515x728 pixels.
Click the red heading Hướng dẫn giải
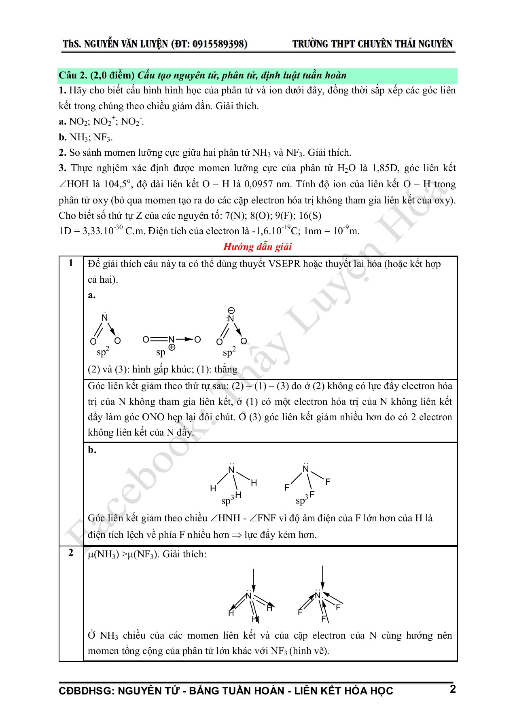pos(257,247)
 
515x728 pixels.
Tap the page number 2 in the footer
pos(453,689)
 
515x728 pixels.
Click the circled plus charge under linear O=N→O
pos(172,347)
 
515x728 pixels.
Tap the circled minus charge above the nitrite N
pos(231,311)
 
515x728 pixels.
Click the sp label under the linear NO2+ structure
pos(161,352)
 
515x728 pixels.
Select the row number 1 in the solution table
pos(71,263)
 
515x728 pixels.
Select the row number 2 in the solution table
pos(71,553)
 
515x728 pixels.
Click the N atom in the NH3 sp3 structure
pos(231,470)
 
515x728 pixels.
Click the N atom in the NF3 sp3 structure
pos(306,469)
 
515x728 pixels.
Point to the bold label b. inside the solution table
pos(92,450)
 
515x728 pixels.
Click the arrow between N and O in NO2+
pos(184,339)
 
